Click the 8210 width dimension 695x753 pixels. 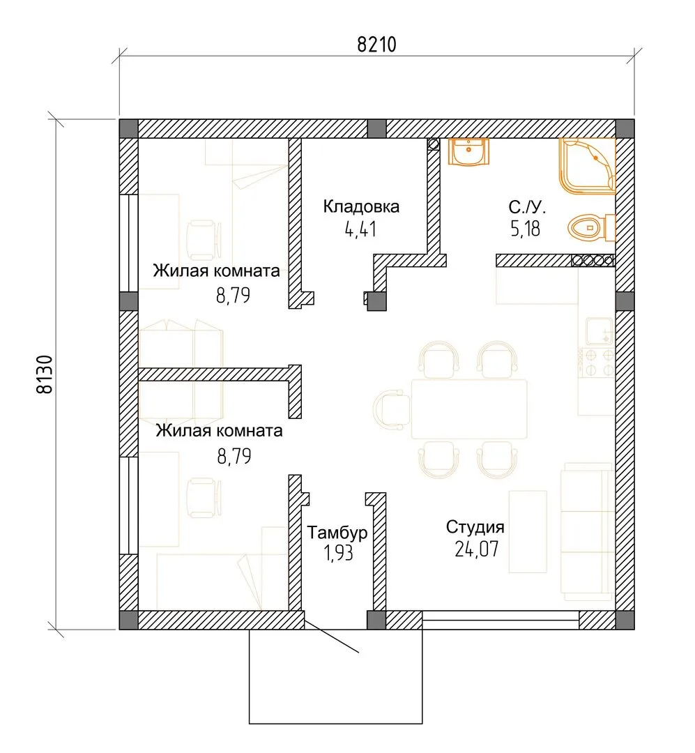click(x=376, y=45)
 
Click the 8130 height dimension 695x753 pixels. click(x=45, y=374)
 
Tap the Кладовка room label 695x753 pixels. click(x=361, y=206)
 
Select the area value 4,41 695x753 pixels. click(x=360, y=229)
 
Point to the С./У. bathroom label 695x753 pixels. click(x=527, y=207)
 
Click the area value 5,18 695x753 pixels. click(x=526, y=229)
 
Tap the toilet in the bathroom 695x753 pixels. click(x=591, y=227)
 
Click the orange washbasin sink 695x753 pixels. click(x=468, y=152)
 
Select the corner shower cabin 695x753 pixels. click(x=587, y=166)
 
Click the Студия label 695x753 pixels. click(x=475, y=527)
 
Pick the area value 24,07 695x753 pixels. click(x=476, y=549)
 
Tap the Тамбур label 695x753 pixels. click(x=337, y=533)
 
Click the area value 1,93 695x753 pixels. click(x=339, y=553)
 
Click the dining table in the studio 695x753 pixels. click(x=468, y=409)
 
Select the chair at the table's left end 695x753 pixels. click(x=392, y=409)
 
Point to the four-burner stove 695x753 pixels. click(x=598, y=363)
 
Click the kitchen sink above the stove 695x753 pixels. click(x=599, y=331)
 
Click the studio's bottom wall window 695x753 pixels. click(x=501, y=620)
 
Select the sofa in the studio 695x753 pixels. click(x=587, y=531)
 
